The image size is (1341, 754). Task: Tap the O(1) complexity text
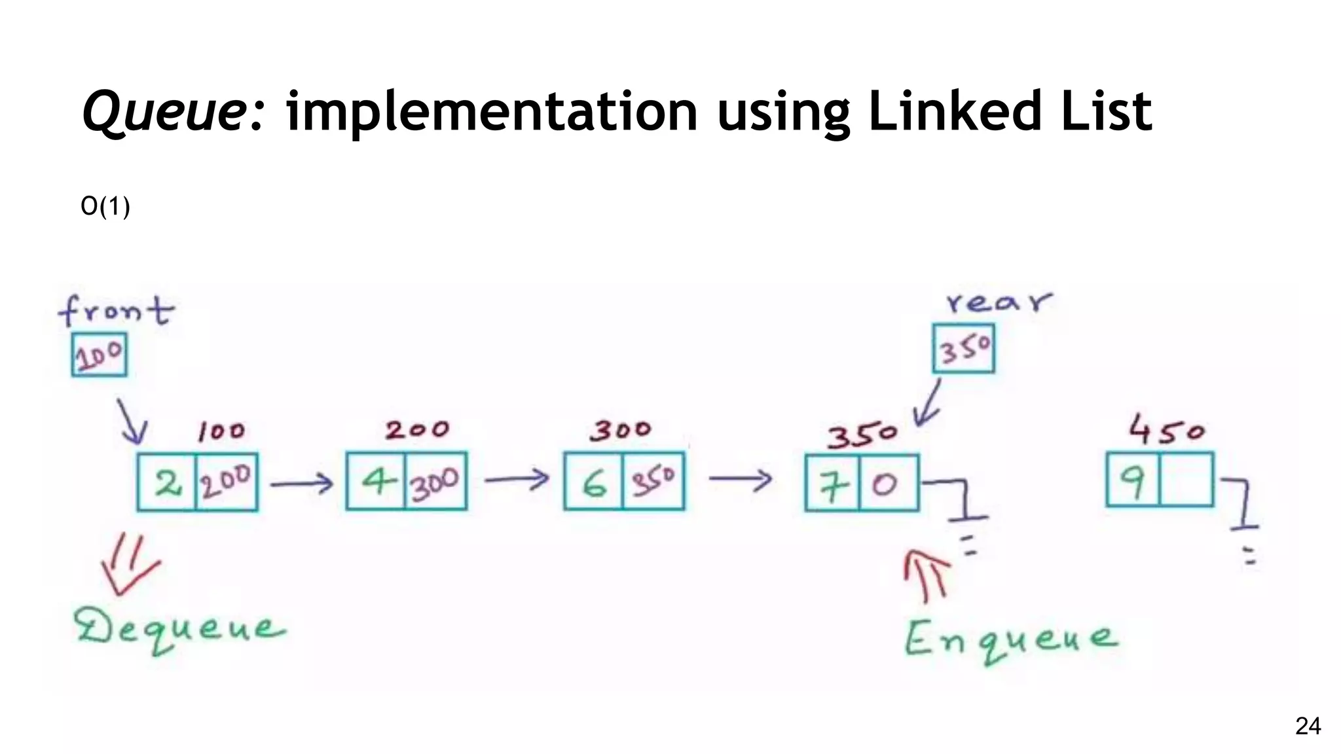point(105,207)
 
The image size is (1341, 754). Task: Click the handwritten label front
point(117,310)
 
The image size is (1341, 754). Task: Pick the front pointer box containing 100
point(99,355)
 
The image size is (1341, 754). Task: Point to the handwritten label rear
point(999,302)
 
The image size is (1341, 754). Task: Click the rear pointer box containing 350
point(963,349)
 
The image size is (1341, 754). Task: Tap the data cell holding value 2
point(168,482)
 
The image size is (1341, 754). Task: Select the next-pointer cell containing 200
point(226,482)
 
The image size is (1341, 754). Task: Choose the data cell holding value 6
point(594,482)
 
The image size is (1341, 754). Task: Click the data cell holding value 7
point(832,483)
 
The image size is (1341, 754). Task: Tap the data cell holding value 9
point(1133,480)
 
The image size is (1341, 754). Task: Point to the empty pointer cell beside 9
point(1186,480)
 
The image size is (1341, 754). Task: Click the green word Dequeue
point(180,630)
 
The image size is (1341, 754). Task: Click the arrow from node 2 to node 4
point(302,484)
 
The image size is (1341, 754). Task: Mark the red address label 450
point(1166,430)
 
